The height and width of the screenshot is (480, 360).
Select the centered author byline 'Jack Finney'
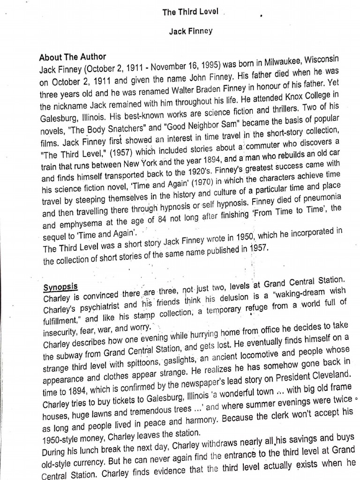pos(191,31)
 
